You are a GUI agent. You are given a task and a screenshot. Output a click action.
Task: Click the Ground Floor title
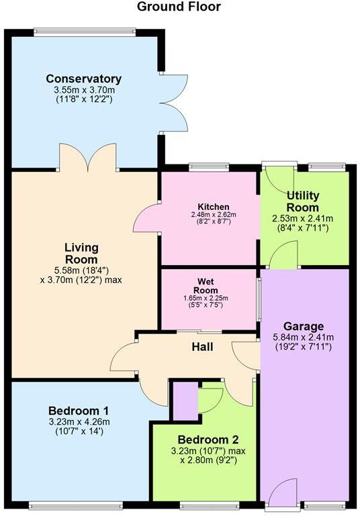click(x=179, y=7)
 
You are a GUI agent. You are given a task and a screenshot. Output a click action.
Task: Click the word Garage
click(x=303, y=327)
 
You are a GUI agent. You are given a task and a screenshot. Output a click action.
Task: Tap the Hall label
click(x=202, y=347)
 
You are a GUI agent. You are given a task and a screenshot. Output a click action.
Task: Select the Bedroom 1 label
click(x=79, y=411)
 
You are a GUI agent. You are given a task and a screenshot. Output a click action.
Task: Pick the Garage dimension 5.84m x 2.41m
click(x=303, y=338)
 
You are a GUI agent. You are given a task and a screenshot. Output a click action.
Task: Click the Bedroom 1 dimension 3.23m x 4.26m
click(x=79, y=422)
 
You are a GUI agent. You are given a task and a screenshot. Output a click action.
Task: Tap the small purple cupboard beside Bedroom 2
click(x=185, y=400)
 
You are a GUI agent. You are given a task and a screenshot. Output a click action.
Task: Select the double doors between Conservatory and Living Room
click(x=89, y=158)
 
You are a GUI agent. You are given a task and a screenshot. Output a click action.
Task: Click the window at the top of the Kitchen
click(x=209, y=166)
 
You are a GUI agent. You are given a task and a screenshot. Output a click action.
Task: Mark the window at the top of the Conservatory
click(x=85, y=31)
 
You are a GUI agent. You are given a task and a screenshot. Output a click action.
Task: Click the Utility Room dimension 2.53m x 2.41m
click(x=303, y=218)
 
